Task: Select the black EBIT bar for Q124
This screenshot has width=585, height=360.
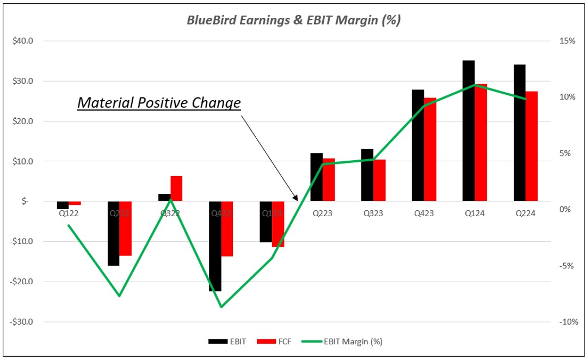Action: pos(469,131)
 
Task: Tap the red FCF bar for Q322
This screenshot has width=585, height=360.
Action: pos(176,188)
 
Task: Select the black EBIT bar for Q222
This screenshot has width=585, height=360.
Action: pos(113,233)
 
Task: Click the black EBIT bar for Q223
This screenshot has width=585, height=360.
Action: pos(316,177)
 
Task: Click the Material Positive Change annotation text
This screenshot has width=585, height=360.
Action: pos(159,102)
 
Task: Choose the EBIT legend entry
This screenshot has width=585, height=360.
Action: pos(227,341)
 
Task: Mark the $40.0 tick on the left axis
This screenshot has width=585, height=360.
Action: pos(23,41)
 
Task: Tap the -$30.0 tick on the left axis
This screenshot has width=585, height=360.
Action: pos(22,322)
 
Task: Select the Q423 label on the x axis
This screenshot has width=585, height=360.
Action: pos(424,213)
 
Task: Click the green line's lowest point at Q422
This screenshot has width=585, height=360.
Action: pos(221,307)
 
